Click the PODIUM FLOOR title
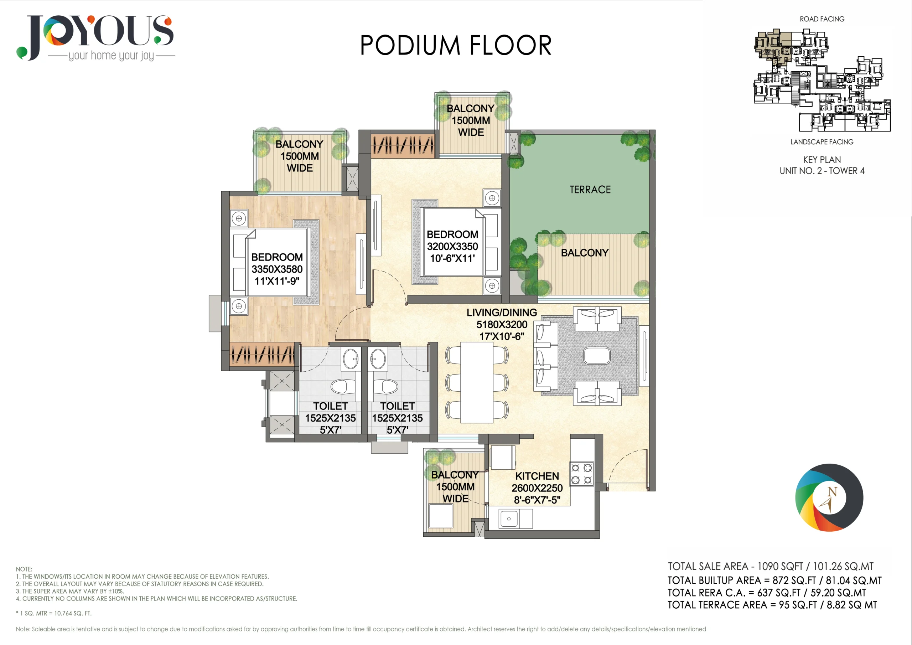click(456, 45)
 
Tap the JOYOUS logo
click(95, 38)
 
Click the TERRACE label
click(590, 190)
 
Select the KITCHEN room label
click(537, 476)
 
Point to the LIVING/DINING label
click(502, 313)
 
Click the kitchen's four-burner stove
click(582, 474)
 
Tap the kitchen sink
click(509, 518)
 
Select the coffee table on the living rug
click(597, 355)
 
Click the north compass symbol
click(829, 497)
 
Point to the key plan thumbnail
click(822, 80)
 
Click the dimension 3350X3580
click(277, 269)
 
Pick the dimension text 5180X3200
click(502, 324)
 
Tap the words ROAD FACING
click(822, 19)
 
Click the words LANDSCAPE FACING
click(822, 142)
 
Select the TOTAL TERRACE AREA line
click(772, 605)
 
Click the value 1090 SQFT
click(780, 566)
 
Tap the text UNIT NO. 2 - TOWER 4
click(822, 171)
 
